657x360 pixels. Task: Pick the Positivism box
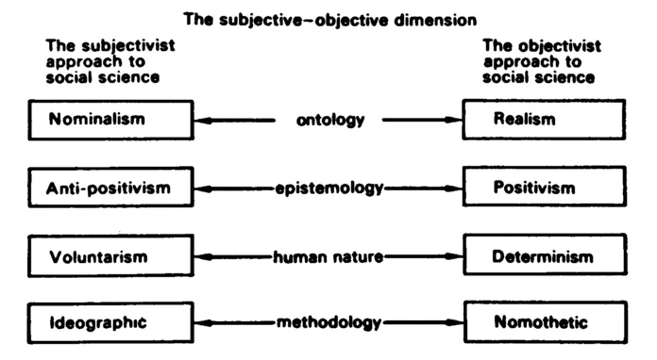[545, 188]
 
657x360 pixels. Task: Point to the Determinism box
[545, 255]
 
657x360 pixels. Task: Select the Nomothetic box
[545, 322]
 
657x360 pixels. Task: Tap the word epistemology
[328, 188]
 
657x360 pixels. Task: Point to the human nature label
[328, 255]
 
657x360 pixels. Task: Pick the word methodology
[328, 322]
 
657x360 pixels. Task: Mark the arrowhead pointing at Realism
[455, 121]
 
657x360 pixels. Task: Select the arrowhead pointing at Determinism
[455, 255]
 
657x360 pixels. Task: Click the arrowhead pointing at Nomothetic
[455, 322]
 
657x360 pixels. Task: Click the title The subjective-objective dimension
[328, 19]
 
